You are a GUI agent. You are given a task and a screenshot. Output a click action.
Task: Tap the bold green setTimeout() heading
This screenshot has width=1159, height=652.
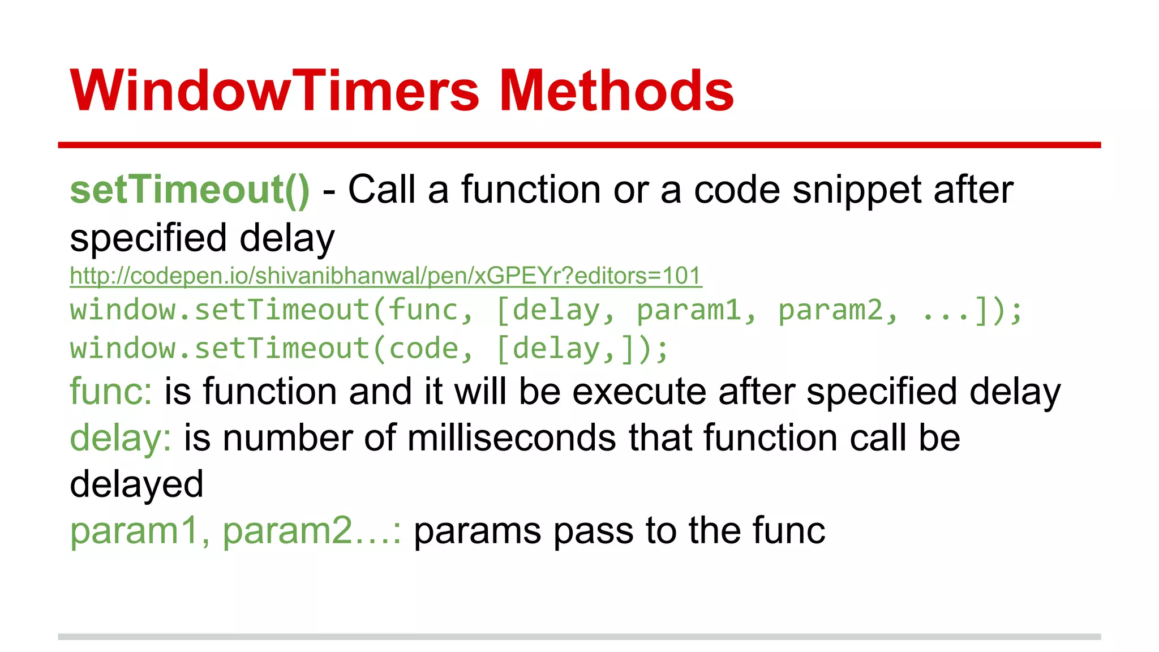[190, 190]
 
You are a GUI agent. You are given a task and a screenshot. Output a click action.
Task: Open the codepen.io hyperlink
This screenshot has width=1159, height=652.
[385, 276]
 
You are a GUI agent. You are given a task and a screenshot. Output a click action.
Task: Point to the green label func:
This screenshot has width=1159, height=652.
[111, 392]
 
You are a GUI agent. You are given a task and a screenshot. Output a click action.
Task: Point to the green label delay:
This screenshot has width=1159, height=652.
[121, 439]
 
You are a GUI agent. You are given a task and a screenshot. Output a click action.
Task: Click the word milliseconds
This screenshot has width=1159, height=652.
[512, 439]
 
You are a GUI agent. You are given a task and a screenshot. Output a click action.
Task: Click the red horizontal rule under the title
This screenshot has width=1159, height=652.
[579, 145]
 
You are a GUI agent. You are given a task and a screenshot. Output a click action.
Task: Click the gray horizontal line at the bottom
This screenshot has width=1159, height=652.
[579, 637]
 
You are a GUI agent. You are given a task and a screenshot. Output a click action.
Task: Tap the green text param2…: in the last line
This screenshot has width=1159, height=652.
[312, 531]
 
